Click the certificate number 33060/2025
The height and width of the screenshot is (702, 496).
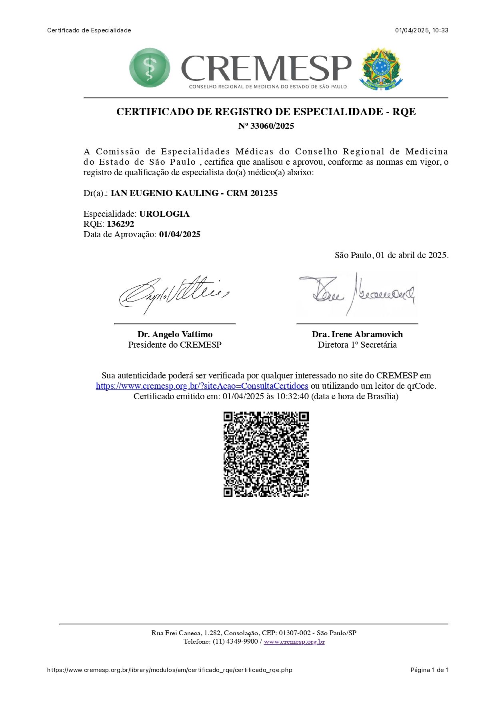tap(272, 126)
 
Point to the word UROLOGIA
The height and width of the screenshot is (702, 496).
tap(164, 214)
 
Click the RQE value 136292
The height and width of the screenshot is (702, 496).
tap(120, 224)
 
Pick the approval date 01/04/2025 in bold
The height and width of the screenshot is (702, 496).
tap(180, 234)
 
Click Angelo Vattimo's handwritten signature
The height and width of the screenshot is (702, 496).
tap(174, 295)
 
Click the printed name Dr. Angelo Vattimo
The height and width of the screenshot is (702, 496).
tap(175, 334)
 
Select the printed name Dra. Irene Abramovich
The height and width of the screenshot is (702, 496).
tap(357, 334)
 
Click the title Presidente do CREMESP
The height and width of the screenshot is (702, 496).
tap(175, 345)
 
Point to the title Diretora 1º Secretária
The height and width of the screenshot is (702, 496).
tap(357, 345)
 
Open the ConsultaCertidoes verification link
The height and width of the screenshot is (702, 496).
tap(202, 386)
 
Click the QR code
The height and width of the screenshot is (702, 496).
tap(266, 454)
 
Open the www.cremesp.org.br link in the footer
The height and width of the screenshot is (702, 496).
tap(294, 642)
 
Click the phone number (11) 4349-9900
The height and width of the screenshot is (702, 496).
tap(235, 642)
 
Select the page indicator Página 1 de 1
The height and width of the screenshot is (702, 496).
tap(429, 670)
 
